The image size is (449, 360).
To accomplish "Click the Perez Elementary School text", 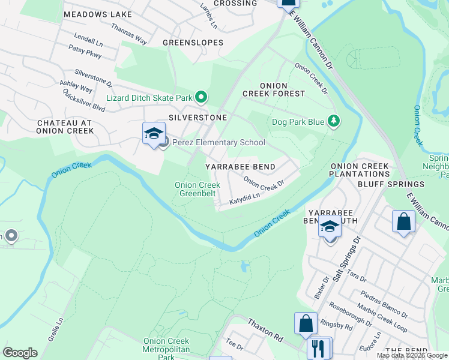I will pyautogui.click(x=219, y=142).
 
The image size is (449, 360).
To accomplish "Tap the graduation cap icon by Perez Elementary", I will pyautogui.click(x=154, y=133).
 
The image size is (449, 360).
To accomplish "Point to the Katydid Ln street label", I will pyautogui.click(x=244, y=199).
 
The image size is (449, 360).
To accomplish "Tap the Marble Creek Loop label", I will pyautogui.click(x=382, y=319).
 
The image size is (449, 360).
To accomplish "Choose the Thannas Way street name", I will pyautogui.click(x=129, y=34).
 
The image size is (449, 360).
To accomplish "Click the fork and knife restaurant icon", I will pyautogui.click(x=318, y=348).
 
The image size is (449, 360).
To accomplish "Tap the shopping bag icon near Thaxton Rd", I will pyautogui.click(x=306, y=323).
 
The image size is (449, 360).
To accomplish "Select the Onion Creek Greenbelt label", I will pyautogui.click(x=197, y=190).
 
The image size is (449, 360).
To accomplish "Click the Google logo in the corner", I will pyautogui.click(x=20, y=353).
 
